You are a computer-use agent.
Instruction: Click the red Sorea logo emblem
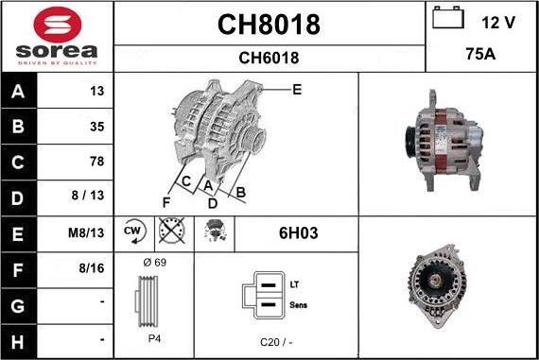(58, 25)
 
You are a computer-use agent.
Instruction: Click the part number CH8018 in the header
(269, 25)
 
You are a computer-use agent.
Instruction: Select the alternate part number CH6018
(269, 58)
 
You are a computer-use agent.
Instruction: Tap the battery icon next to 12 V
(448, 18)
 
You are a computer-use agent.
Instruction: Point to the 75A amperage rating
(480, 54)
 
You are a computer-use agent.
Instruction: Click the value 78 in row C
(97, 162)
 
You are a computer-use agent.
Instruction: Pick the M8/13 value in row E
(86, 232)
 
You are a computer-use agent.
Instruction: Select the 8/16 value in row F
(92, 268)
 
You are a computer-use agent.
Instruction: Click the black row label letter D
(18, 198)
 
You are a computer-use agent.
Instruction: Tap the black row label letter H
(18, 342)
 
